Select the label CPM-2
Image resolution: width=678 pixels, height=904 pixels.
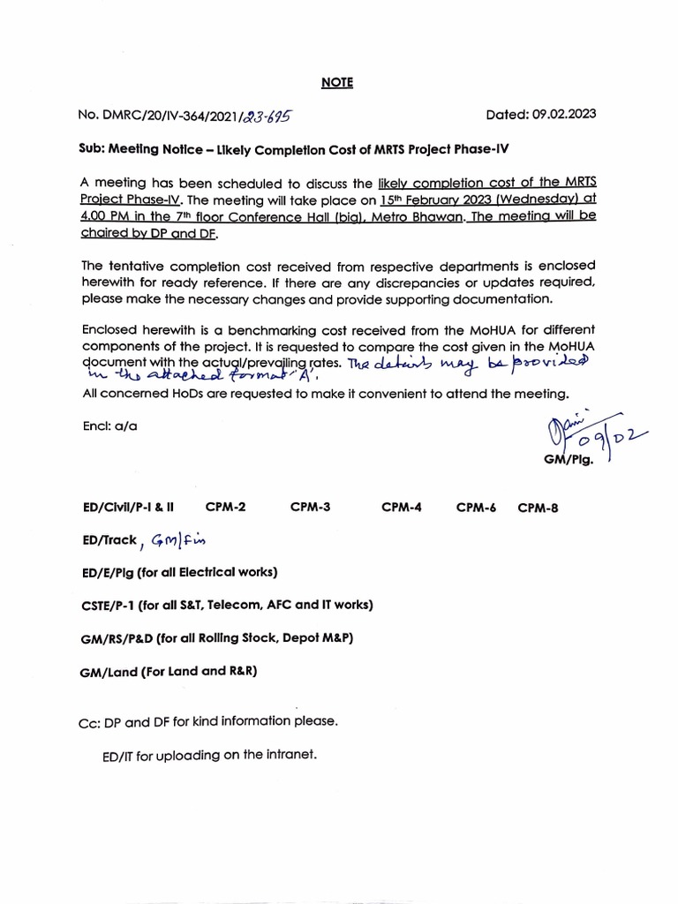225,508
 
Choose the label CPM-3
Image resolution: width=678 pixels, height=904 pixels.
310,508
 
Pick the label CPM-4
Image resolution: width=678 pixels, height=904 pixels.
402,508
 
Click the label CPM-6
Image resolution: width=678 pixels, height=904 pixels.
477,508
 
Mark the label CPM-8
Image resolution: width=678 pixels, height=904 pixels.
539,508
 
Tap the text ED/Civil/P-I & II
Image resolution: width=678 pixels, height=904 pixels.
127,508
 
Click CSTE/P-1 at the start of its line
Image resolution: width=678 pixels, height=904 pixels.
109,605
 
